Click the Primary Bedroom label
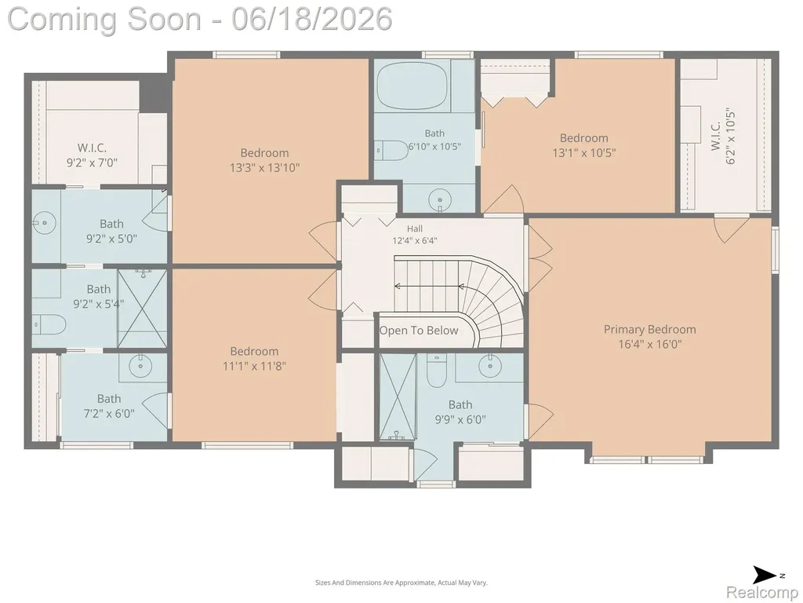point(650,336)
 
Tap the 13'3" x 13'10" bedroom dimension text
point(265,168)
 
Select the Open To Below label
point(419,331)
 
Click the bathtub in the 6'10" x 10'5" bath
point(412,87)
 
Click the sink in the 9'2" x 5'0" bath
point(44,222)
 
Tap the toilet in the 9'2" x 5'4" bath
point(49,324)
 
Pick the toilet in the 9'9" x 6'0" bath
point(437,371)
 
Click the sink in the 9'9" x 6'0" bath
point(490,366)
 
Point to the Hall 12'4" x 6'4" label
point(415,234)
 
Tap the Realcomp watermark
point(762,592)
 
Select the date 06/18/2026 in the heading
point(312,19)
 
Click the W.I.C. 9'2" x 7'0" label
point(93,155)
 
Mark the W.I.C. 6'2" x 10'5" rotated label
point(722,137)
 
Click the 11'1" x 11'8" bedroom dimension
point(254,366)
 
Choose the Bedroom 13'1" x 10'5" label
point(583,145)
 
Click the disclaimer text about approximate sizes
point(401,583)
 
